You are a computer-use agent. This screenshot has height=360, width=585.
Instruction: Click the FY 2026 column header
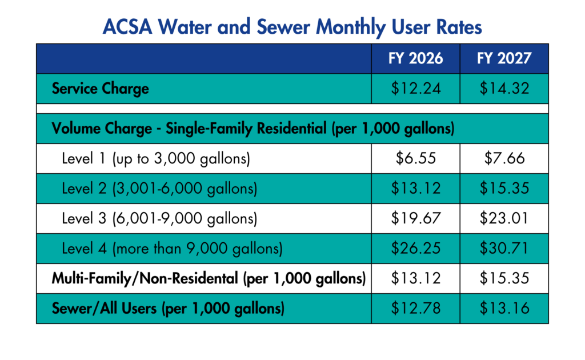click(415, 58)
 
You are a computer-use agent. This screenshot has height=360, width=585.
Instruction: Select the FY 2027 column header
click(504, 58)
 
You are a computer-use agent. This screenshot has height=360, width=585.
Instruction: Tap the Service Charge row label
click(100, 89)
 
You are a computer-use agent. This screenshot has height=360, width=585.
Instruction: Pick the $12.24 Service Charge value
click(415, 89)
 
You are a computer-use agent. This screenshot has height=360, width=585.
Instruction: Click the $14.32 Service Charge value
click(504, 89)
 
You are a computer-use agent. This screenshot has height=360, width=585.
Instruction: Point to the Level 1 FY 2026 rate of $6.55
click(415, 158)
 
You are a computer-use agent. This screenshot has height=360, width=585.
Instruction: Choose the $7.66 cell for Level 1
click(504, 158)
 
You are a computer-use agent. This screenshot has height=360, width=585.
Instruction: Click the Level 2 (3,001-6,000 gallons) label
click(159, 189)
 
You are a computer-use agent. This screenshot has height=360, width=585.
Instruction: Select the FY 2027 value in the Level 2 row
click(504, 189)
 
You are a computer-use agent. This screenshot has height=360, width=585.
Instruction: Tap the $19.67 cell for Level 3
click(415, 219)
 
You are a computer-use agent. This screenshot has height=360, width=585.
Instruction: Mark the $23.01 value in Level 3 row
click(504, 219)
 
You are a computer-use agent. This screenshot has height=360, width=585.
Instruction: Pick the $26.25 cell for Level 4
click(415, 249)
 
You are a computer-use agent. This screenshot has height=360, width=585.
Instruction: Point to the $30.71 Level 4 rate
click(504, 249)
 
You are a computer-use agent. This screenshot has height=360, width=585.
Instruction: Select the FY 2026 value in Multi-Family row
click(415, 279)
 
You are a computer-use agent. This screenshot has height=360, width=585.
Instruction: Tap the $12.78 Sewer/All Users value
click(415, 309)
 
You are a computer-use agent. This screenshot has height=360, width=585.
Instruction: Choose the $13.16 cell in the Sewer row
click(504, 309)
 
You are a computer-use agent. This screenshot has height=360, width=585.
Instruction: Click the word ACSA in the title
click(129, 27)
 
